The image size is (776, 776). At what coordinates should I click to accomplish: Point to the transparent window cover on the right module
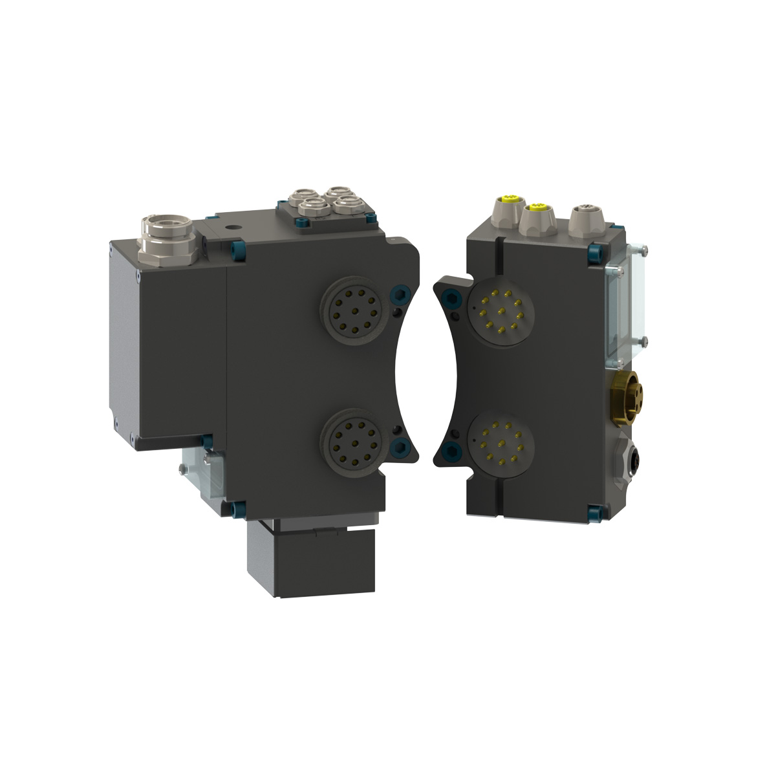tap(620, 304)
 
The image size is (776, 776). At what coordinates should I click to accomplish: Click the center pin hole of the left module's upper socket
tap(350, 310)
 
